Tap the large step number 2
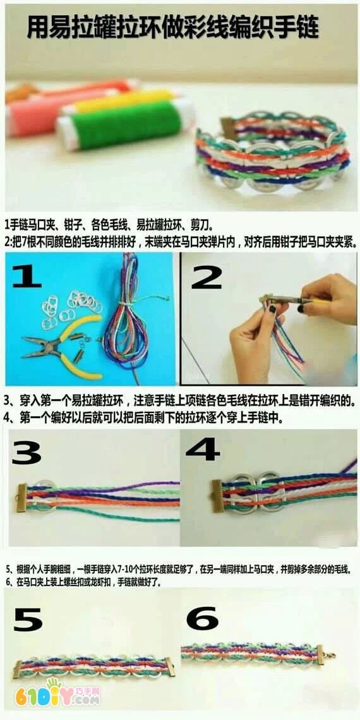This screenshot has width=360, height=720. (x=206, y=277)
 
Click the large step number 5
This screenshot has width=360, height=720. (x=28, y=620)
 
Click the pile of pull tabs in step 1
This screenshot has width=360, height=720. (x=71, y=308)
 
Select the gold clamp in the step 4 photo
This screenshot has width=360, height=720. (x=217, y=496)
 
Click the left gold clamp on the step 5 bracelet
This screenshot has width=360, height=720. (x=18, y=669)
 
